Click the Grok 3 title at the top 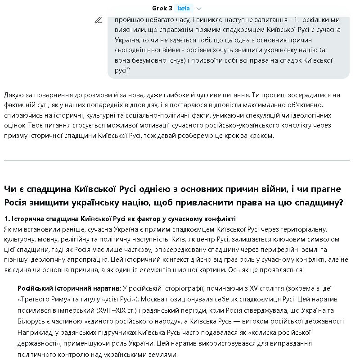coord(162,8)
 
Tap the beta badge coord(184,8)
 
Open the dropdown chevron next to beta coord(199,9)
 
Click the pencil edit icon coord(98,20)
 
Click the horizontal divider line coord(177,160)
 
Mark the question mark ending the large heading coord(340,203)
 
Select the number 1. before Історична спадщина coord(7,219)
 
